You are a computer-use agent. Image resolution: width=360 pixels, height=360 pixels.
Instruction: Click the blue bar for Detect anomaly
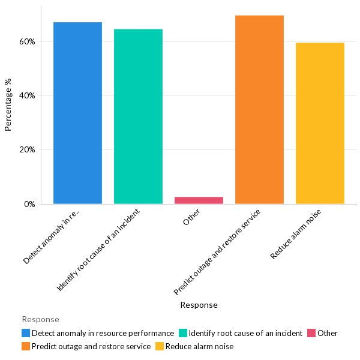pos(77,113)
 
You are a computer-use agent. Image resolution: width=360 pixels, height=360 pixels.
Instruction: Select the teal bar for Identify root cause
pos(138,116)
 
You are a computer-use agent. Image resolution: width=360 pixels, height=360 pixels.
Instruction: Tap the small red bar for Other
pos(199,200)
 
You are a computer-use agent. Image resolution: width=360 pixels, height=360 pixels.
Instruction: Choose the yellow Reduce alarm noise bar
pos(320,124)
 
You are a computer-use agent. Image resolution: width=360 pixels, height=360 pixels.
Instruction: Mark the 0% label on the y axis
pos(29,205)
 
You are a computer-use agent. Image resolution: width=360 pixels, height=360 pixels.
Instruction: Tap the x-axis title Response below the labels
pos(199,305)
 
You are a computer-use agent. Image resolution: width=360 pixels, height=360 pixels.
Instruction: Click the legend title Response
pos(40,319)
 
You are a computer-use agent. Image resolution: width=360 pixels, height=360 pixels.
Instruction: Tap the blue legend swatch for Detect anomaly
pos(26,333)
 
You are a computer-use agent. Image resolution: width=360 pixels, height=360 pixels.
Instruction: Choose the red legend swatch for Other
pos(311,333)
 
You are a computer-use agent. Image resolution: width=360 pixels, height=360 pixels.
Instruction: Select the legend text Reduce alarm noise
pos(199,346)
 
